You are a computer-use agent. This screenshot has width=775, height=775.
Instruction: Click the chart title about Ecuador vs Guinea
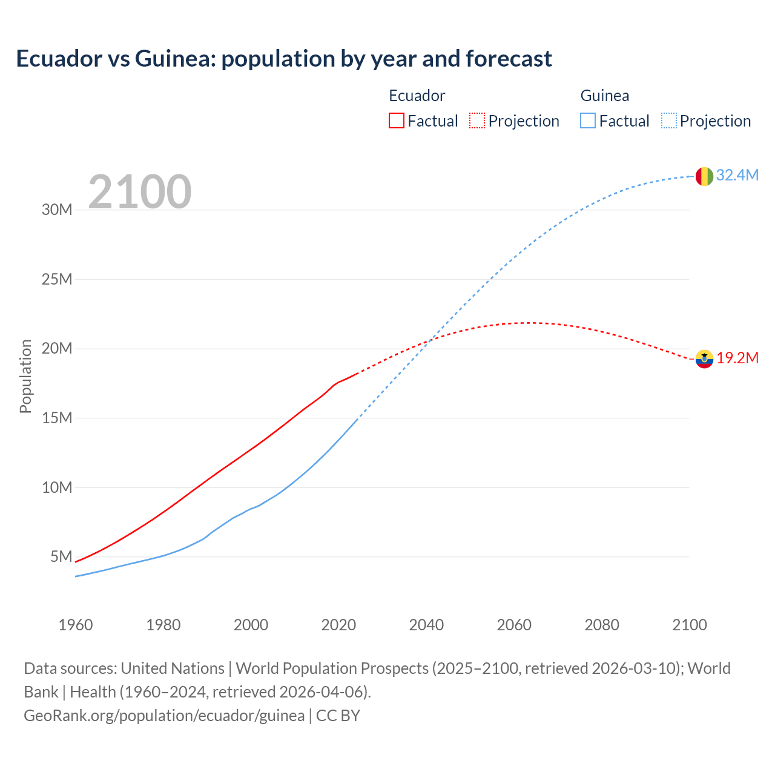pyautogui.click(x=283, y=59)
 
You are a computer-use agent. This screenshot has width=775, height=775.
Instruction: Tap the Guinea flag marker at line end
pyautogui.click(x=704, y=176)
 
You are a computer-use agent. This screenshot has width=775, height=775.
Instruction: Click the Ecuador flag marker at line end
pyautogui.click(x=704, y=359)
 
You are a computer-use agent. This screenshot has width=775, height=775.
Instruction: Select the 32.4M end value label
pyautogui.click(x=737, y=175)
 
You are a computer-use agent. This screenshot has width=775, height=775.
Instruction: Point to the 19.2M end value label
pyautogui.click(x=737, y=358)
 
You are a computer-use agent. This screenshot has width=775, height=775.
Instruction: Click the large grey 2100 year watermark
pyautogui.click(x=140, y=192)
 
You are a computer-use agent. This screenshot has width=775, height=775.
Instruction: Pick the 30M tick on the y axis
pyautogui.click(x=57, y=210)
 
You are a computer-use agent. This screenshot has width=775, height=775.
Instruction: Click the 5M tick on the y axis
pyautogui.click(x=61, y=556)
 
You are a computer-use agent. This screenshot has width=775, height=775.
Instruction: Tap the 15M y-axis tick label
pyautogui.click(x=57, y=418)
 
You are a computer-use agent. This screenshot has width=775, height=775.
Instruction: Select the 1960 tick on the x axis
pyautogui.click(x=76, y=625)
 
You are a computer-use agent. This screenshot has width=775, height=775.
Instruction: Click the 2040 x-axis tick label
pyautogui.click(x=426, y=625)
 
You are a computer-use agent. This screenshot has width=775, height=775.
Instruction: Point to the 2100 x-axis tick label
pyautogui.click(x=689, y=625)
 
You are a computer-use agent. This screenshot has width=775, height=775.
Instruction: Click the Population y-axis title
pyautogui.click(x=25, y=376)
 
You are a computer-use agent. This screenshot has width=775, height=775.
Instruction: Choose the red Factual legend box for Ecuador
pyautogui.click(x=396, y=120)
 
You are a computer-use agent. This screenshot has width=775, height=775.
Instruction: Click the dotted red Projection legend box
pyautogui.click(x=477, y=120)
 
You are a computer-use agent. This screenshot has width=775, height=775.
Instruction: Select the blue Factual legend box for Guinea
pyautogui.click(x=588, y=120)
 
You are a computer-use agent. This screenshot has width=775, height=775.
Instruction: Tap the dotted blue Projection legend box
pyautogui.click(x=668, y=120)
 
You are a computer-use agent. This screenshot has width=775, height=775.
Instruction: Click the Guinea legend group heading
pyautogui.click(x=604, y=96)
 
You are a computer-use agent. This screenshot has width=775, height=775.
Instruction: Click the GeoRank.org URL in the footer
pyautogui.click(x=164, y=716)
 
